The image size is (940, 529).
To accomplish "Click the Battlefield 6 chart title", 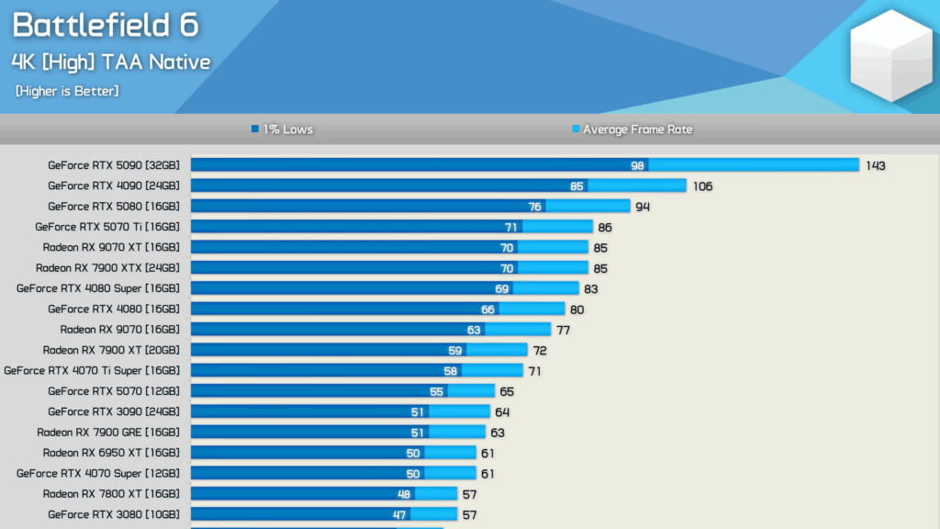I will pos(105,26).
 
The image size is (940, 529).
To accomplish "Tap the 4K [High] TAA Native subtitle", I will pos(111,62).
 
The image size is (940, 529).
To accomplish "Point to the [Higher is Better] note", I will pos(67,91).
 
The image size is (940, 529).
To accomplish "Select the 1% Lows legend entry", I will pos(283,129).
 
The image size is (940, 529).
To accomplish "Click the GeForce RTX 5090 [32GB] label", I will pos(113,165).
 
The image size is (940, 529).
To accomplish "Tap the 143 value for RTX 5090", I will pos(875,165).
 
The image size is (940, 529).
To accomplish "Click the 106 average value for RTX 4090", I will pos(702,186).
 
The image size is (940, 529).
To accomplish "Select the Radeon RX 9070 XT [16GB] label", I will pos(110,247).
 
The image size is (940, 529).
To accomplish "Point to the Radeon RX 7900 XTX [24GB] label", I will pos(107,268).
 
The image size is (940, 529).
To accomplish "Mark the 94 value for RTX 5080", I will pos(643,207).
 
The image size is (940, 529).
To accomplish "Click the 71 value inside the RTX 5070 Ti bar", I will pos(511,227).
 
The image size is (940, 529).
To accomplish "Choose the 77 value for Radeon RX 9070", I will pos(563,330).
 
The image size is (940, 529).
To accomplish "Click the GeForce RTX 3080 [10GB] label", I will pos(113,514).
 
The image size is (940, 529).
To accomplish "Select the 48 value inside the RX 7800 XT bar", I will pos(404,494).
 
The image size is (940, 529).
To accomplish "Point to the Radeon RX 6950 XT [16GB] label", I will pos(110,453).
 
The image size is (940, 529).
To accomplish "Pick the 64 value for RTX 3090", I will pos(502,411).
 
